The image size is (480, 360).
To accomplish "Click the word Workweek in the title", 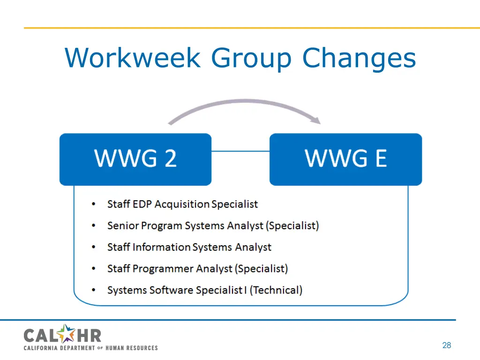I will click(132, 58).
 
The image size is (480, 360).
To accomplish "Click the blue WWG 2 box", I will click(135, 159).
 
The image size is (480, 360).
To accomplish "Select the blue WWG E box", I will click(345, 159).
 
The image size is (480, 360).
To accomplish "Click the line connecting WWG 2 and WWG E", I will click(240, 151).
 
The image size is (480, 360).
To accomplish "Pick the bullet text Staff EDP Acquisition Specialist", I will click(182, 204).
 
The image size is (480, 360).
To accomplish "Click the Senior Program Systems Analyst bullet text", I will click(213, 226).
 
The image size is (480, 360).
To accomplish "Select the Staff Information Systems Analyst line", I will click(189, 247).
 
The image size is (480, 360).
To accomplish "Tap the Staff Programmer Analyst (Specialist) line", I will click(197, 269).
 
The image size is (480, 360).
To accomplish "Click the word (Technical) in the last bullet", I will click(276, 290).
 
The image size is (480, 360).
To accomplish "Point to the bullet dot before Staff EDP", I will click(94, 204).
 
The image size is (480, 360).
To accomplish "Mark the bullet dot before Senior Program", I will click(94, 226).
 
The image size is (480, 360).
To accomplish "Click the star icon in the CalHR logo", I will click(67, 334).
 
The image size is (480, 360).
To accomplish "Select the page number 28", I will click(446, 345).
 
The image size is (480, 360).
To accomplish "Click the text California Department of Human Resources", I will click(90, 348).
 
